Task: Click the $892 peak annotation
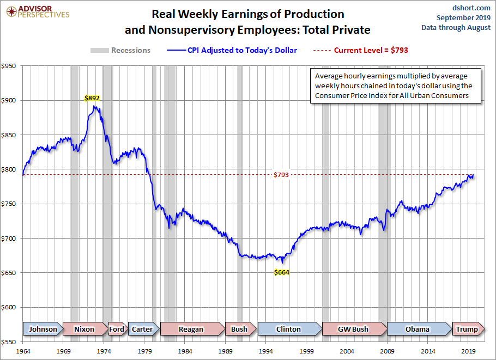92,98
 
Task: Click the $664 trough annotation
281,272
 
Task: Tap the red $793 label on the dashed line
281,175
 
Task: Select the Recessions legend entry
120,50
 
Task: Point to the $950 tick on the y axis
10,66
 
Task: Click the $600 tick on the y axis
10,307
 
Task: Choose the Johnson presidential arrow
43,329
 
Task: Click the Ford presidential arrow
117,329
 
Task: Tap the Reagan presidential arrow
191,329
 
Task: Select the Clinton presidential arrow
288,329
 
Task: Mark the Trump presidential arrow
467,329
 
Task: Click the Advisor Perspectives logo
37,12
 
